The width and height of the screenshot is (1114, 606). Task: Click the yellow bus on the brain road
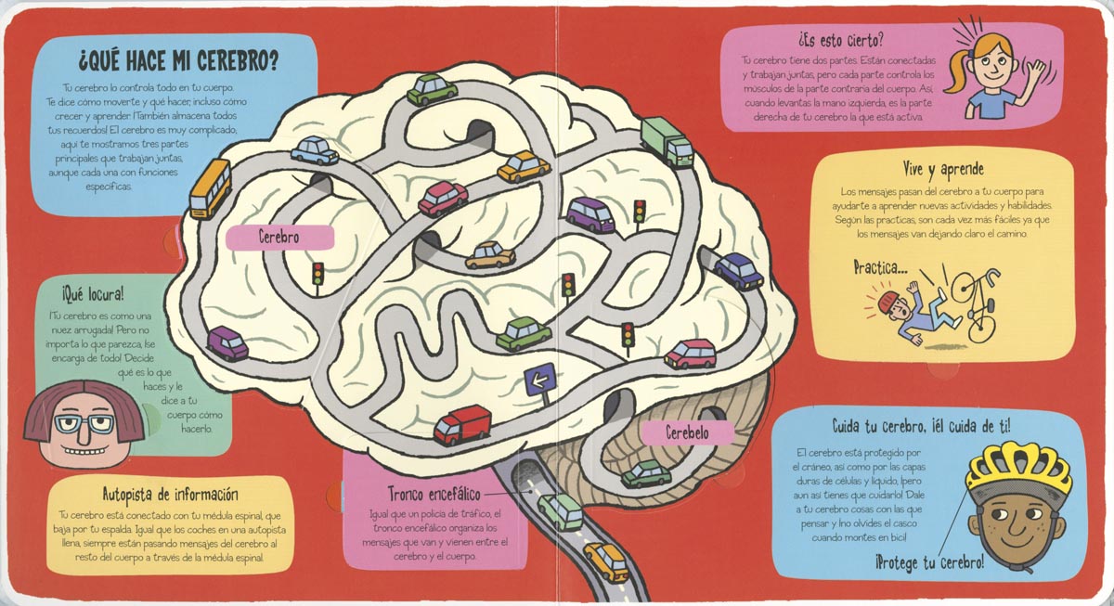coord(211,187)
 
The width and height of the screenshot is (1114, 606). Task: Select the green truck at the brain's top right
coord(667,142)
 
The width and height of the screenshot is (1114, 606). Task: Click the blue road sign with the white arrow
coord(538,378)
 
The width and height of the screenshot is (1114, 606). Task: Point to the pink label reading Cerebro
coord(279,237)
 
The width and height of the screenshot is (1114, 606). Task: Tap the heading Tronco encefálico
coord(425,494)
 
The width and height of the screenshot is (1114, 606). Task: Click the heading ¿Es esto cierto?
coord(839,41)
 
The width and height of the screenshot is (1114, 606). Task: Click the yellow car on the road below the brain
coord(605,560)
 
